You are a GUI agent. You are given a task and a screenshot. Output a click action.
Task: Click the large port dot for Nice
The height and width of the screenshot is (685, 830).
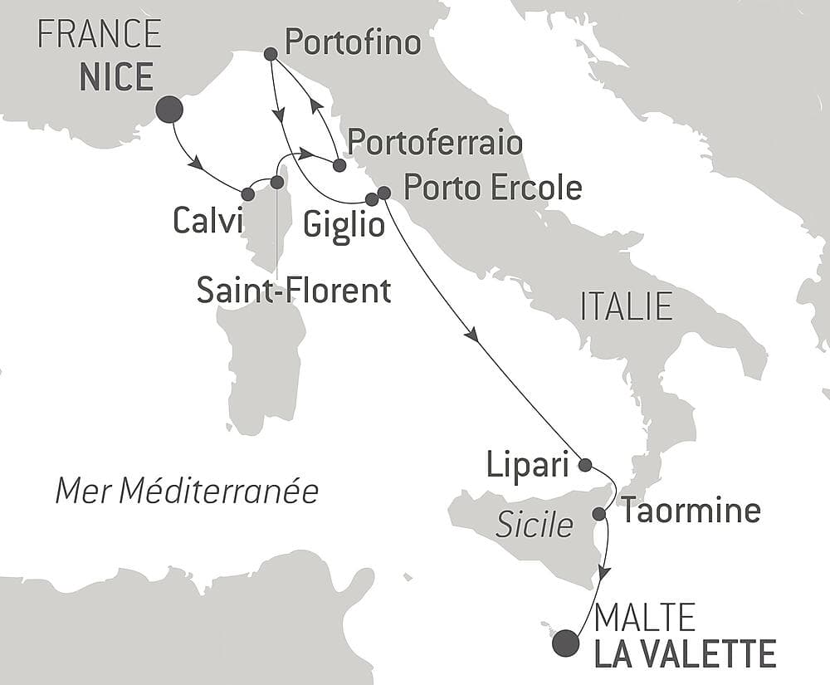click(x=169, y=109)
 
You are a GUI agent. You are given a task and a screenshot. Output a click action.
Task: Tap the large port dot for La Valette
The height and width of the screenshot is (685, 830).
click(x=566, y=643)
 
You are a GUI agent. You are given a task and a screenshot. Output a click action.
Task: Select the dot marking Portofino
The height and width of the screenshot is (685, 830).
click(x=270, y=54)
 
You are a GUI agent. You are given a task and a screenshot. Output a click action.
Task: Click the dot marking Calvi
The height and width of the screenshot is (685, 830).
click(x=247, y=194)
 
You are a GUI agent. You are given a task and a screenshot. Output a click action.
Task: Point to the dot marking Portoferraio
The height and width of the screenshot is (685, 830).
click(x=339, y=165)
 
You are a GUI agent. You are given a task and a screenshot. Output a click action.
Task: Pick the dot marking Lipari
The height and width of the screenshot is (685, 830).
click(x=584, y=464)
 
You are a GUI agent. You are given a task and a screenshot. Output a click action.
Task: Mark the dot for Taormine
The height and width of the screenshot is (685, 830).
click(x=598, y=514)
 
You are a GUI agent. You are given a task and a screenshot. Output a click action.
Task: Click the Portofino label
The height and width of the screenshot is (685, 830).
click(x=353, y=42)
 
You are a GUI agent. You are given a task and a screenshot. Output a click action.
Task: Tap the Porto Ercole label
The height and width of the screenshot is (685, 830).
click(x=492, y=188)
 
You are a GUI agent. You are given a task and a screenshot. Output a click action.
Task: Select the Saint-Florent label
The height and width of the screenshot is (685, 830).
click(x=294, y=291)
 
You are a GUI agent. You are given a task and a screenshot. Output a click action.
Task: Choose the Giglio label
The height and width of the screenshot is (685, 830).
click(x=344, y=223)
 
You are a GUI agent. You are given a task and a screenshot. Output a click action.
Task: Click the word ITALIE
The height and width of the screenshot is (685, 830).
click(x=626, y=307)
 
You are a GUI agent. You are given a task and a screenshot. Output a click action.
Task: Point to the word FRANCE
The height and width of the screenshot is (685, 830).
click(x=100, y=35)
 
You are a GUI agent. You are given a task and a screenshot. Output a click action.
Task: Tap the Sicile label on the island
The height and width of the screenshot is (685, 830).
click(x=535, y=525)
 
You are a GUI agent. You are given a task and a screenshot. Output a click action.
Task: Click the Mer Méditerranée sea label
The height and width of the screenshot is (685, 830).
click(x=187, y=492)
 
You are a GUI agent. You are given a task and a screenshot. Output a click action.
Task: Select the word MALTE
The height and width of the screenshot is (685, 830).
click(x=645, y=619)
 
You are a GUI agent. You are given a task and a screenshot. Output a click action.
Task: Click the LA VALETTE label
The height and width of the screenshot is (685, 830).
click(x=686, y=653)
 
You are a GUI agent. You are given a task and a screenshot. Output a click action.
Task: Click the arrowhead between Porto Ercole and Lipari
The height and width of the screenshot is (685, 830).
click(x=473, y=335)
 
